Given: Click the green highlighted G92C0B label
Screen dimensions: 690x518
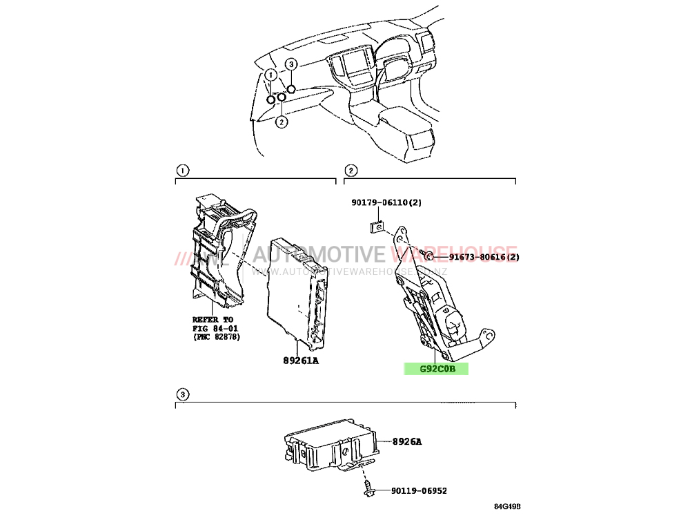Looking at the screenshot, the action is click(436, 369).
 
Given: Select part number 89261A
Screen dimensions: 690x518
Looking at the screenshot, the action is click(301, 361).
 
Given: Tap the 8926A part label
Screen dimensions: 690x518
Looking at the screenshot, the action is click(406, 441).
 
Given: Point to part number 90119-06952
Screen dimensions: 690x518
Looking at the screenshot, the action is click(419, 490).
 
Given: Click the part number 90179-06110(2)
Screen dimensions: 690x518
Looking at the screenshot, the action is click(386, 202).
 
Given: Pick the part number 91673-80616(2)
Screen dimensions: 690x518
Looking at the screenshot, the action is click(484, 257).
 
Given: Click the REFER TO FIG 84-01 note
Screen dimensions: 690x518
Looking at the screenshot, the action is click(216, 328).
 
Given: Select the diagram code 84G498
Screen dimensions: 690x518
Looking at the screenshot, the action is click(507, 506).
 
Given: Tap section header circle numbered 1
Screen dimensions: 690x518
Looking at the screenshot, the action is click(182, 171).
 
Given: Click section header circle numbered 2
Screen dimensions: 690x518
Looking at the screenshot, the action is click(351, 171).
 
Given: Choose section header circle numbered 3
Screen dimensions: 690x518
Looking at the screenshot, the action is click(182, 394).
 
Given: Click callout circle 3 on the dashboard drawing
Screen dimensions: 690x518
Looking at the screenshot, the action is click(291, 65).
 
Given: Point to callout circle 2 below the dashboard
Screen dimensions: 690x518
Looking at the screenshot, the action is click(282, 122).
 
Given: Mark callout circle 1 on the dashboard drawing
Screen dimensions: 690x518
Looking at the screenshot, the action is click(270, 75).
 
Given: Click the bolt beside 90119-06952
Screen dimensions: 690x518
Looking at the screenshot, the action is click(368, 490).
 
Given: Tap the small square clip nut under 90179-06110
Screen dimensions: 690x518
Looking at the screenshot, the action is click(375, 227).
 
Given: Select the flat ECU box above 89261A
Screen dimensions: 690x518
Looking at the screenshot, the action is click(298, 291).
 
